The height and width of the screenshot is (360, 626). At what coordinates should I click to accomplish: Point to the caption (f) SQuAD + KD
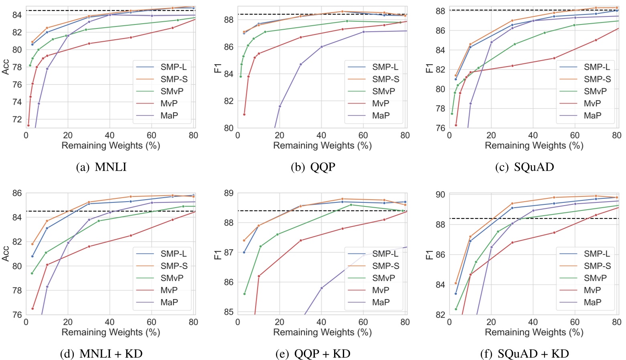(x=524, y=354)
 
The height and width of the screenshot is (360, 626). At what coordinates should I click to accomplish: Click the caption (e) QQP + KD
(x=313, y=354)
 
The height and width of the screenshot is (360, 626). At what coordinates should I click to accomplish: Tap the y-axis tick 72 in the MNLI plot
(x=17, y=119)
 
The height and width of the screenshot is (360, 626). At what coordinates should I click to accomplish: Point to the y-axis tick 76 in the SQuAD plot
(x=440, y=128)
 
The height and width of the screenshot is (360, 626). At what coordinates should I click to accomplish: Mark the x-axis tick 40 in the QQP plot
(x=321, y=136)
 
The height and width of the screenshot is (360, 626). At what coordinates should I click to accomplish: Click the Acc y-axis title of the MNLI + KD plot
(x=6, y=254)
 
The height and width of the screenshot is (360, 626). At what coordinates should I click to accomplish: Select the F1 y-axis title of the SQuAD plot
(x=429, y=67)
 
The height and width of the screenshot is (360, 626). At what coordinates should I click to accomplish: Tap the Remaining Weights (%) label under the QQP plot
(x=322, y=146)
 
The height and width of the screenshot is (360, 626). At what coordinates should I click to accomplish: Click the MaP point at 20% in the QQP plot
(x=280, y=106)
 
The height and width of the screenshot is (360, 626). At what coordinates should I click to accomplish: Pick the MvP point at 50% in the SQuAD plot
(x=554, y=58)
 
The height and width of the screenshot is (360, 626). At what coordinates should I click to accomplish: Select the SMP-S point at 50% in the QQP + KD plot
(x=342, y=199)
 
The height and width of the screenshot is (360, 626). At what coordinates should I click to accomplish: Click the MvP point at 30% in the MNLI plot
(x=89, y=43)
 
